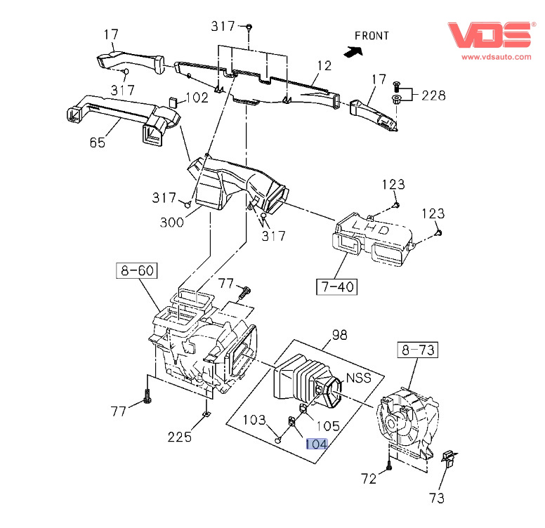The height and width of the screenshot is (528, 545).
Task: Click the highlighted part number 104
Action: [316, 443]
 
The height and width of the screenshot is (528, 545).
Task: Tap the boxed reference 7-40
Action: [336, 286]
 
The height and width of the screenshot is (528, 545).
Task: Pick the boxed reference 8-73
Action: [417, 349]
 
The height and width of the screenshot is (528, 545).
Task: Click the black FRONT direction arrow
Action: [353, 50]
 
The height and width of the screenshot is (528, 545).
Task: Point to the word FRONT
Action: [372, 35]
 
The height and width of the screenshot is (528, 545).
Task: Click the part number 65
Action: [97, 143]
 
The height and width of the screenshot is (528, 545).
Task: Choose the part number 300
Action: [171, 223]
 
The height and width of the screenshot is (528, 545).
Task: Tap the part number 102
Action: [197, 98]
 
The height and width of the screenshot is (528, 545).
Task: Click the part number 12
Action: [323, 66]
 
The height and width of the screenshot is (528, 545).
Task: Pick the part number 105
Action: [328, 425]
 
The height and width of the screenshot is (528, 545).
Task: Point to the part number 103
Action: [254, 420]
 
